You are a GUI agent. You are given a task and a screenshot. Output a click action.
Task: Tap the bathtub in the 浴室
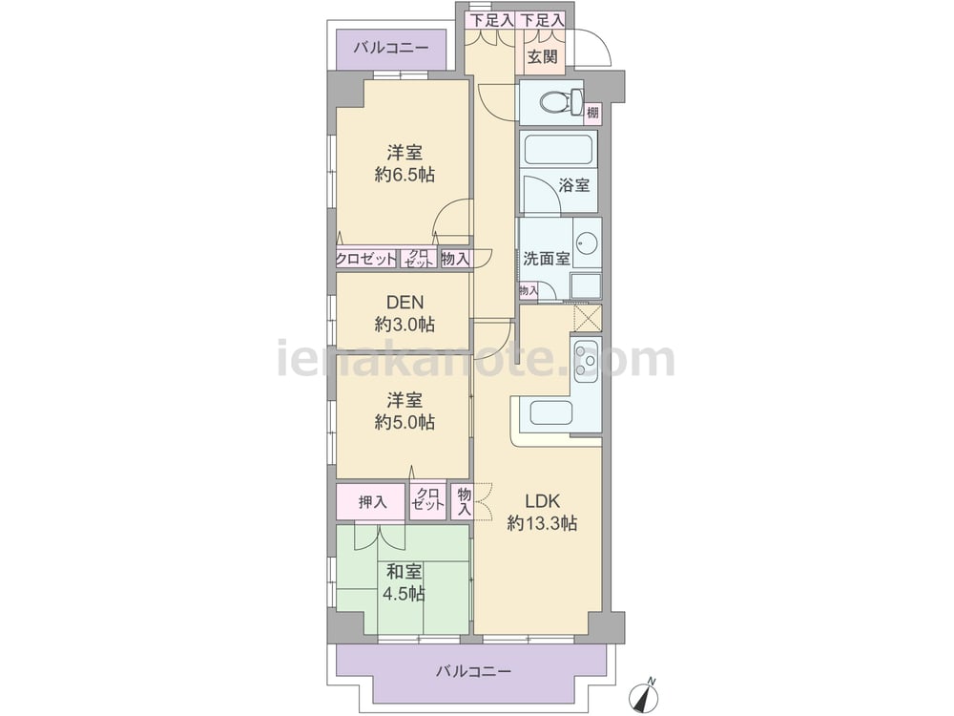558,150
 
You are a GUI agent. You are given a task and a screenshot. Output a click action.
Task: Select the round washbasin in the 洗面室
587,244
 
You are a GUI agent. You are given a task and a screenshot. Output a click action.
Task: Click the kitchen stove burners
586,360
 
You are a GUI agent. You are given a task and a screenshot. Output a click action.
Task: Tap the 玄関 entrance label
542,57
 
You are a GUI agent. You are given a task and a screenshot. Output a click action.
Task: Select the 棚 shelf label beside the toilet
592,112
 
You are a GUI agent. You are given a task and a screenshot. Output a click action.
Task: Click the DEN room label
404,302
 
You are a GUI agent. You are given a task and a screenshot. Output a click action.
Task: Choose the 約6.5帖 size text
404,175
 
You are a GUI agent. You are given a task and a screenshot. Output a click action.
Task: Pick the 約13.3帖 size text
542,523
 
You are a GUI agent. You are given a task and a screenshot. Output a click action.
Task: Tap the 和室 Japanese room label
404,572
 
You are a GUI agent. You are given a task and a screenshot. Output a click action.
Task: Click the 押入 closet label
372,502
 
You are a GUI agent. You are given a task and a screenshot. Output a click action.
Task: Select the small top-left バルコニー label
391,48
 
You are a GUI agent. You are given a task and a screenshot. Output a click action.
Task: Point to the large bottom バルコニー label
473,671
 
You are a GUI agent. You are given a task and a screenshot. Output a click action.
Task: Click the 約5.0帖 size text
404,422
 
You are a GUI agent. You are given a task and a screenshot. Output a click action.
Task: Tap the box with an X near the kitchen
588,319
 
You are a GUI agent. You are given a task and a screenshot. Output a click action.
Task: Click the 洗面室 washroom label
547,258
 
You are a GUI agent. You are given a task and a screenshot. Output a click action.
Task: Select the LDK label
542,501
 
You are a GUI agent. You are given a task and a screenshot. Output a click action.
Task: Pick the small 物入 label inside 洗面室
529,291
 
